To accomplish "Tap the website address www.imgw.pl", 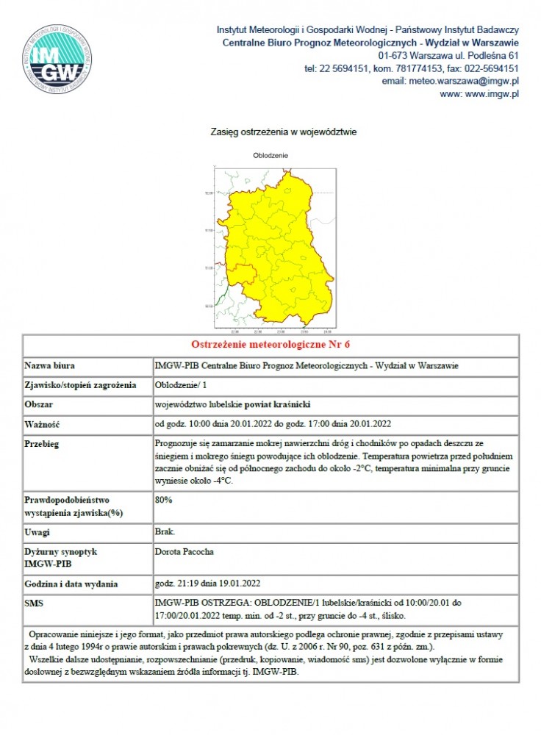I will [x=480, y=94].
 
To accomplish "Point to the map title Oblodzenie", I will [x=270, y=156].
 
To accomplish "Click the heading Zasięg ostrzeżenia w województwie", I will [x=284, y=132].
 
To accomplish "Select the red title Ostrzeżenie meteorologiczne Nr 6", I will [x=270, y=344].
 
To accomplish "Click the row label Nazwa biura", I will [x=50, y=365].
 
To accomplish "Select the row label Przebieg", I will [x=43, y=444].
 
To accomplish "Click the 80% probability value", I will [x=163, y=500].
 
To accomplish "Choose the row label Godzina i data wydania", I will [x=71, y=584].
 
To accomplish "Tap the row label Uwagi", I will [x=37, y=531].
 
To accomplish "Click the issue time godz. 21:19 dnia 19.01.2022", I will [x=208, y=584].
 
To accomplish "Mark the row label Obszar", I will [x=40, y=404].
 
